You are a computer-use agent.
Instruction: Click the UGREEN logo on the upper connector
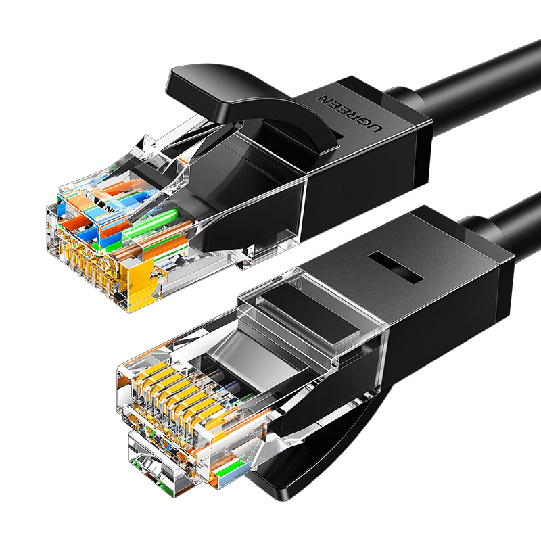pyautogui.click(x=349, y=114)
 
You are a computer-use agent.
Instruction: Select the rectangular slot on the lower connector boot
pyautogui.click(x=396, y=267)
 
